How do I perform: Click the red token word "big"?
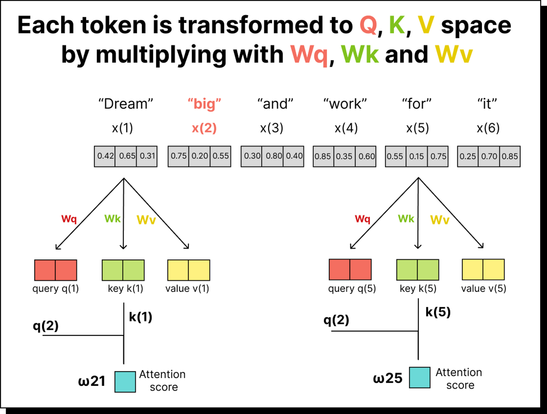pyautogui.click(x=204, y=104)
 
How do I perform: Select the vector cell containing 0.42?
pyautogui.click(x=105, y=156)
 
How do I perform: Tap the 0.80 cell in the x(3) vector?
pyautogui.click(x=273, y=156)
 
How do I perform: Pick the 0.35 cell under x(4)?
pyautogui.click(x=344, y=156)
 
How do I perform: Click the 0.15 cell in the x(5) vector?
pyautogui.click(x=417, y=156)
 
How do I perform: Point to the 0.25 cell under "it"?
pyautogui.click(x=468, y=156)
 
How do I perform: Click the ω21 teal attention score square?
pyautogui.click(x=125, y=382)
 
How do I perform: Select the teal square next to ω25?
pyautogui.click(x=420, y=378)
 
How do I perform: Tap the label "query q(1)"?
pyautogui.click(x=56, y=289)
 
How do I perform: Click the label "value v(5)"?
pyautogui.click(x=484, y=288)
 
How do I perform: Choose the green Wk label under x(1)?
pyautogui.click(x=112, y=218)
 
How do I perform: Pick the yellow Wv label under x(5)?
pyautogui.click(x=440, y=220)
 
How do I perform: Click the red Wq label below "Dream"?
pyautogui.click(x=69, y=219)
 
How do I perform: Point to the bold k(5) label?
pyautogui.click(x=438, y=312)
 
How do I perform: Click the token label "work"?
pyautogui.click(x=345, y=104)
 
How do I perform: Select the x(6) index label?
pyautogui.click(x=488, y=128)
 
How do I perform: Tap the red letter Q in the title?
pyautogui.click(x=368, y=26)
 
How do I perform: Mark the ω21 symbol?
pyautogui.click(x=92, y=381)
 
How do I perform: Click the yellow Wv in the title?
pyautogui.click(x=453, y=55)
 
